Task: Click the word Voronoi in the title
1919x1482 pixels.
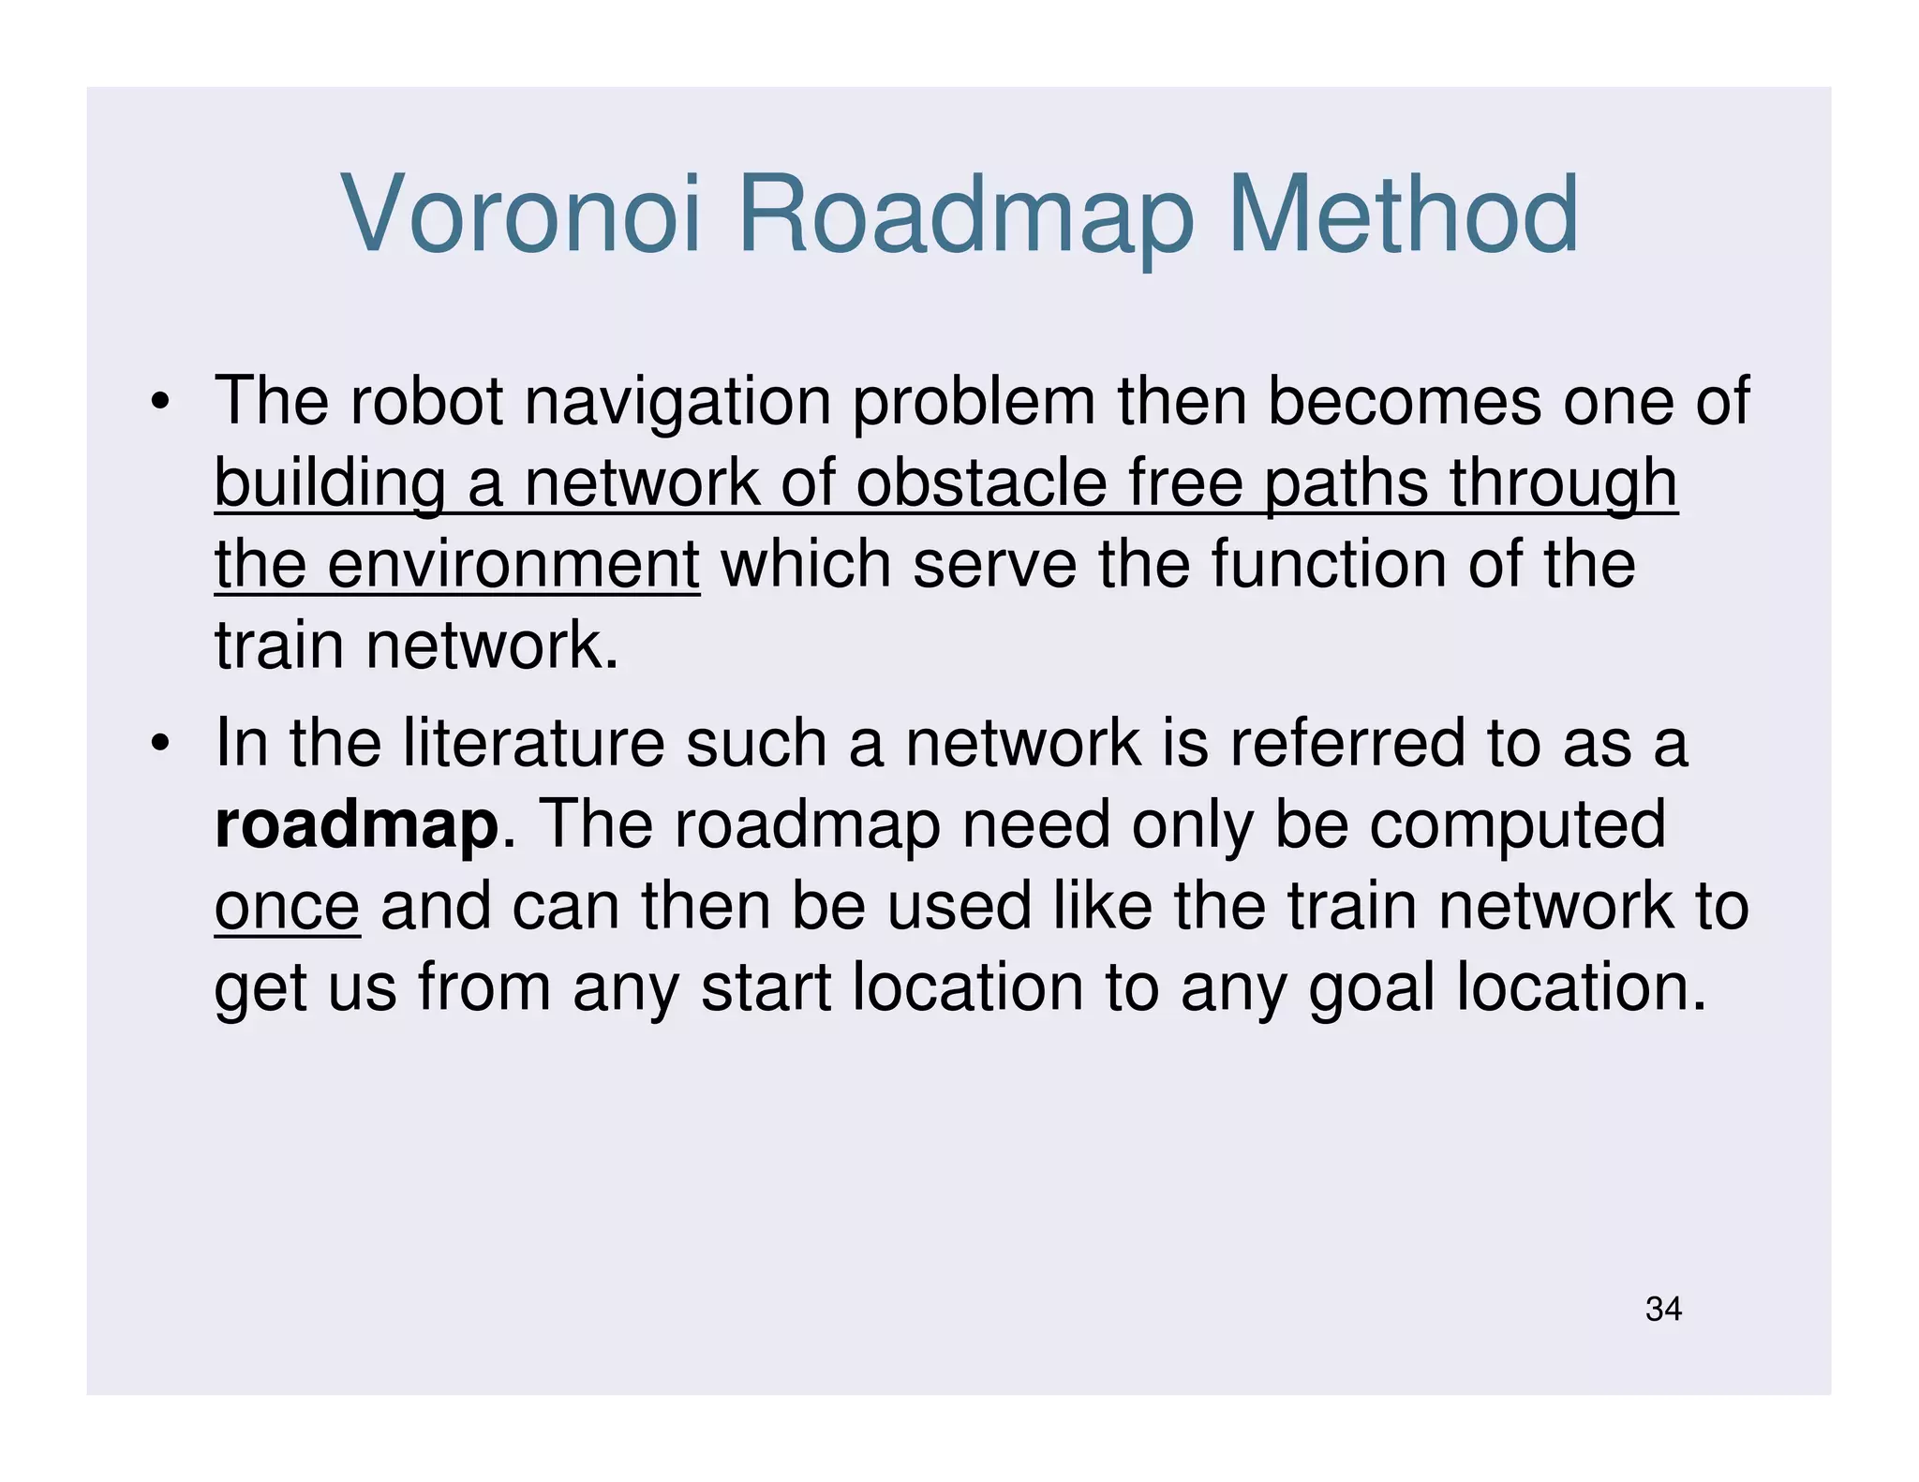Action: [x=521, y=215]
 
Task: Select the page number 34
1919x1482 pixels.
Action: [x=1663, y=1309]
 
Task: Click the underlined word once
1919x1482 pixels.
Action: [x=287, y=908]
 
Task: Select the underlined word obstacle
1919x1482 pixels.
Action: [x=980, y=484]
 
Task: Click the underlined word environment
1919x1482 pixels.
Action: [x=513, y=566]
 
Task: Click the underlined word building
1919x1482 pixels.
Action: [x=329, y=484]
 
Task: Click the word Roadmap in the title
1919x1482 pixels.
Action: [x=965, y=215]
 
